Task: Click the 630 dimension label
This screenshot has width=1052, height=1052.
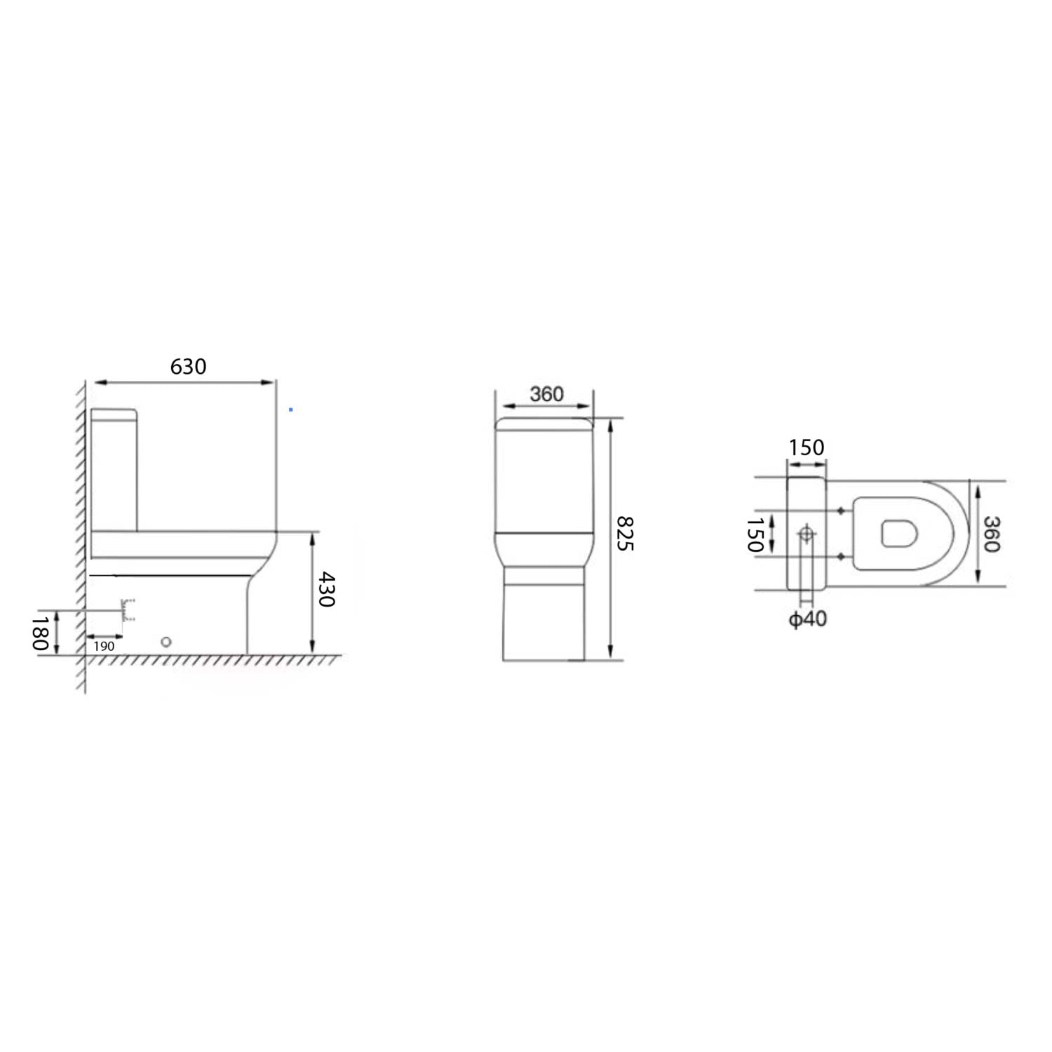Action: coord(188,366)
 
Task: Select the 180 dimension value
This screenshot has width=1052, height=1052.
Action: coord(41,633)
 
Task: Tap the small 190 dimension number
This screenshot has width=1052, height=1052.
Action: coord(104,646)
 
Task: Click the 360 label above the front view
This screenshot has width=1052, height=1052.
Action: coord(546,394)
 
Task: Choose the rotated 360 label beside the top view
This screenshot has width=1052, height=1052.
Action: coord(990,534)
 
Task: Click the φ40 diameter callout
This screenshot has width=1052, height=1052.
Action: coord(807,619)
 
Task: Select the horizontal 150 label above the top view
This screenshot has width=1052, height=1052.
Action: coord(806,447)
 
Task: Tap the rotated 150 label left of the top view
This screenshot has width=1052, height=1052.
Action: coord(755,535)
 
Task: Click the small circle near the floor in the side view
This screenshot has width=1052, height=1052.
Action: coord(166,642)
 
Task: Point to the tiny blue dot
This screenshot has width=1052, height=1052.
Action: coord(291,410)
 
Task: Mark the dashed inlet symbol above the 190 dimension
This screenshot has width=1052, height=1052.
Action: coord(128,610)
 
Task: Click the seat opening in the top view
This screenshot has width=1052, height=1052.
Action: coord(898,534)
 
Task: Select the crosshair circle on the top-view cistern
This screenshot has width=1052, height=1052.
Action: coord(807,534)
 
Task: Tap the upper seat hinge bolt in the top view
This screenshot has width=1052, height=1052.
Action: coord(841,511)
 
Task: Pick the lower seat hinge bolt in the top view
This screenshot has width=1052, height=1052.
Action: coord(841,557)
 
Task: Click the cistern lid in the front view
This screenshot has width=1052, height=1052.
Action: coord(544,424)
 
